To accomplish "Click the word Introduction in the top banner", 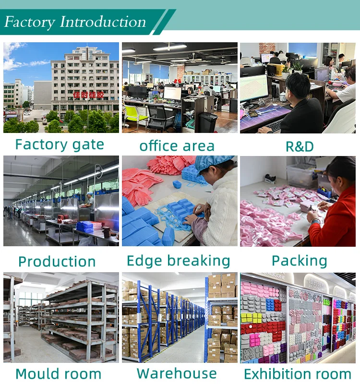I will click(x=103, y=22).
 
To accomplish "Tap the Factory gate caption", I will click(x=60, y=144).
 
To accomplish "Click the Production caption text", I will click(x=57, y=262).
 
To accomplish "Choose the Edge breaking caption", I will click(x=179, y=261).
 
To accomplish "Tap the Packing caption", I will click(x=300, y=261).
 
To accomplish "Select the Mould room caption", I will click(x=58, y=374).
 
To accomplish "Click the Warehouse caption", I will click(x=177, y=373).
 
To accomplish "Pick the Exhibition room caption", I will click(x=298, y=374).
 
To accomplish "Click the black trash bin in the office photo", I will click(x=208, y=122).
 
